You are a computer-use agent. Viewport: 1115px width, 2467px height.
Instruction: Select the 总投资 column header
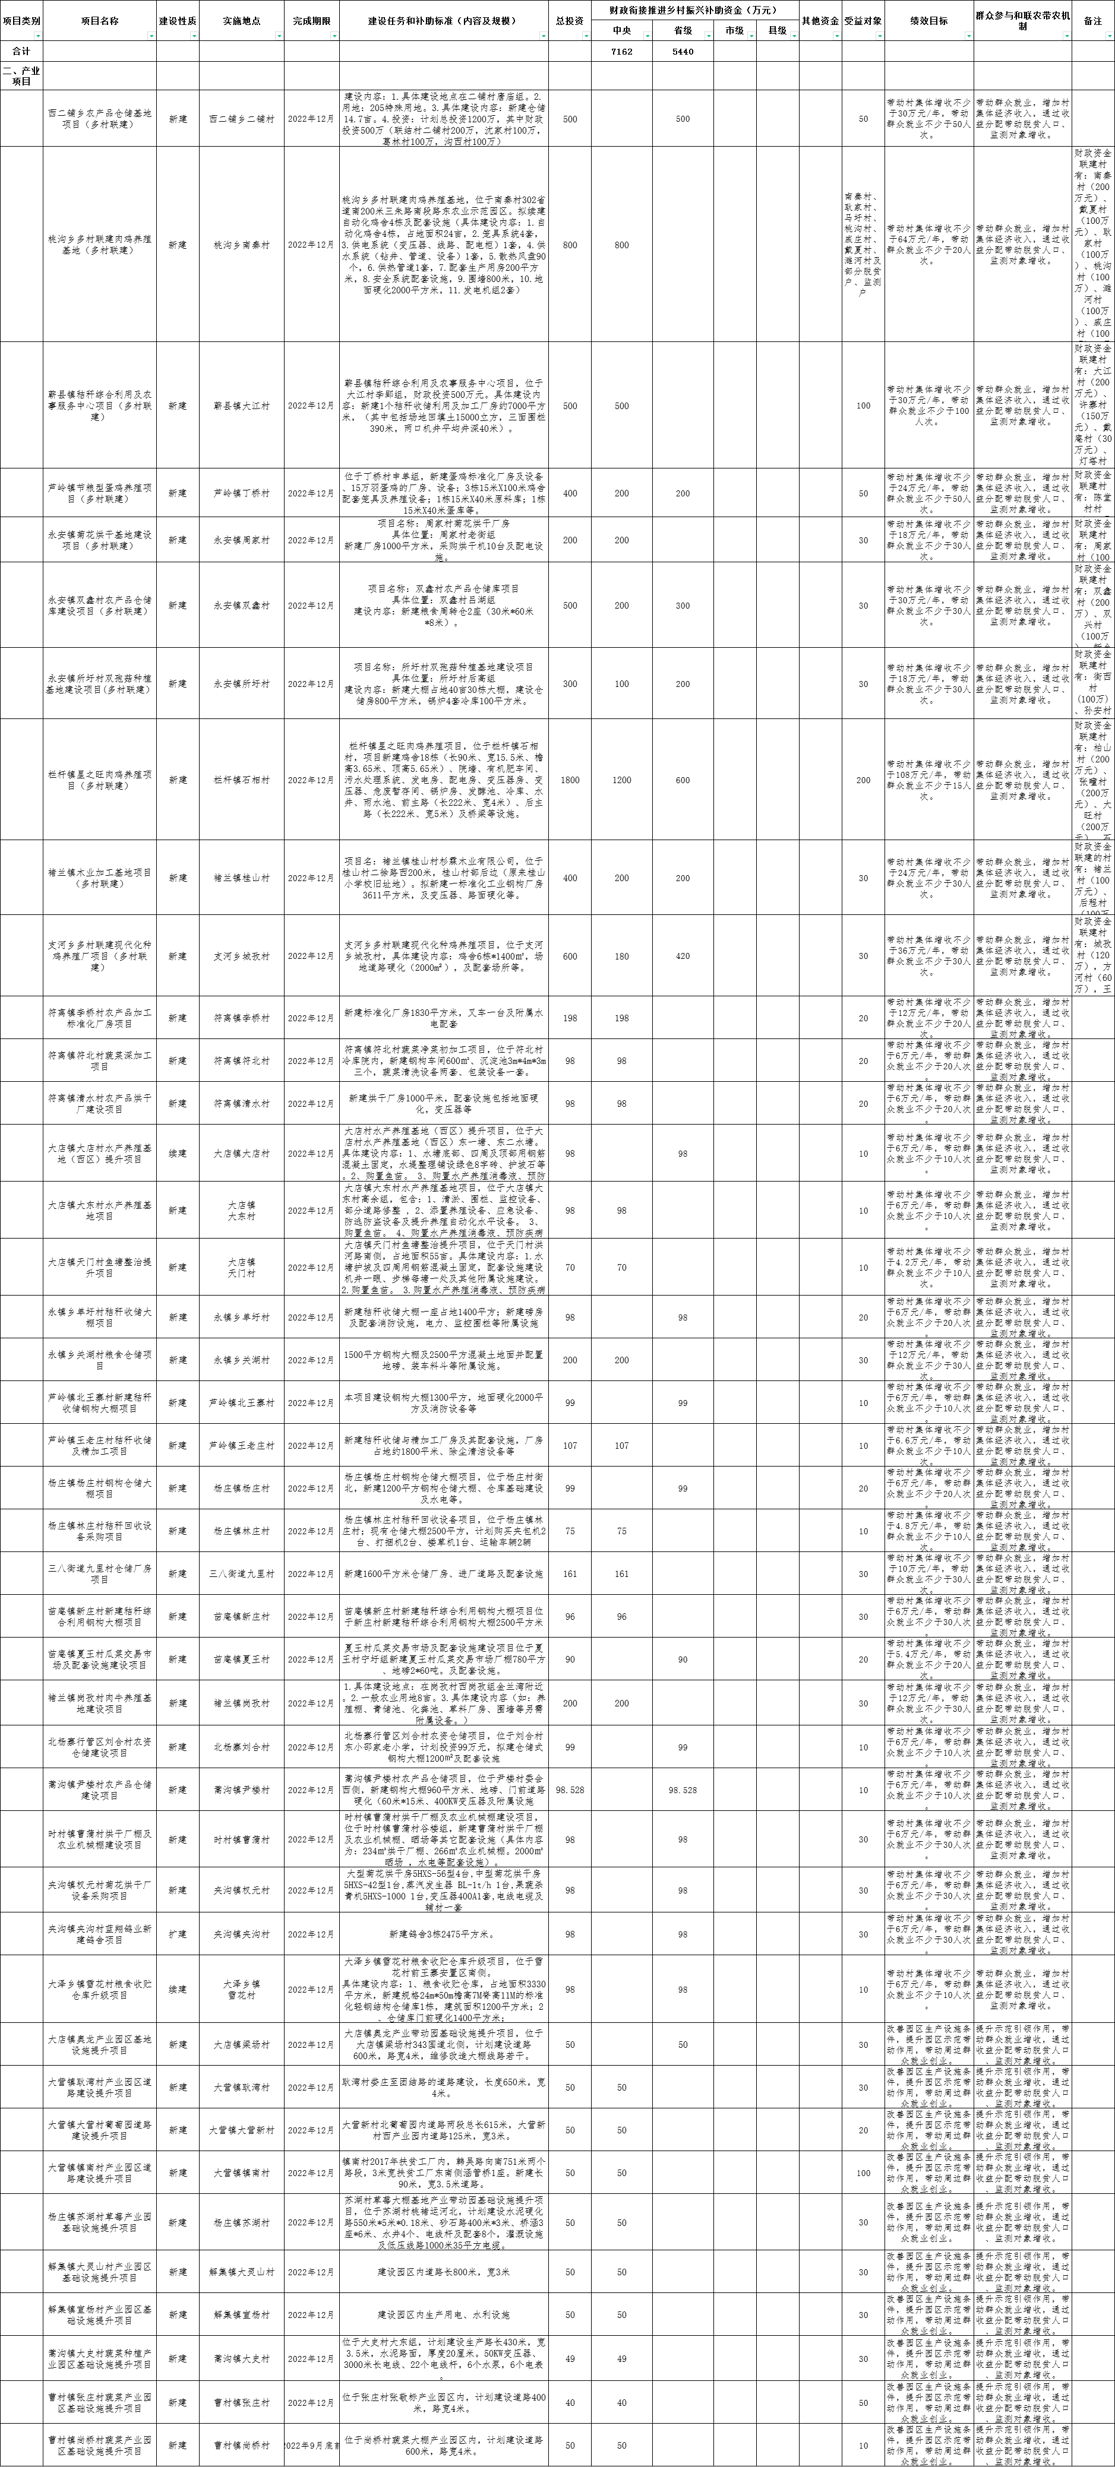[569, 20]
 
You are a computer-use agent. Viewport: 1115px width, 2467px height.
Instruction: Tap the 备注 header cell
[1092, 20]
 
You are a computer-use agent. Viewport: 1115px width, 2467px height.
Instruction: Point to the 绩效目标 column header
[928, 20]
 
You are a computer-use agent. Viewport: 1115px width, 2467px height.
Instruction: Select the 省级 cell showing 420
[682, 956]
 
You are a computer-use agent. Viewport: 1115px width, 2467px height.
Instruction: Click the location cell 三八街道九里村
[241, 1573]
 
